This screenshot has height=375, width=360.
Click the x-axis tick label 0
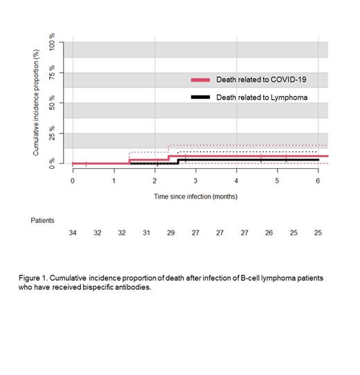73,180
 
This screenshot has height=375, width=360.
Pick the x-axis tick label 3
195,180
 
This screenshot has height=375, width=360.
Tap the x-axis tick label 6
318,180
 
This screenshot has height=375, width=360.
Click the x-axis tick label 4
236,180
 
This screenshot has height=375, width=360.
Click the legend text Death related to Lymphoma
262,98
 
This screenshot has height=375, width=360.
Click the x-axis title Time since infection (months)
195,196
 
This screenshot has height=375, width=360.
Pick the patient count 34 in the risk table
73,233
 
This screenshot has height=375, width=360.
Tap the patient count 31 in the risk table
146,233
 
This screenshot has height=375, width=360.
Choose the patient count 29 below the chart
171,233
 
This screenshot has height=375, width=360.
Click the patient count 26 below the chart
269,233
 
